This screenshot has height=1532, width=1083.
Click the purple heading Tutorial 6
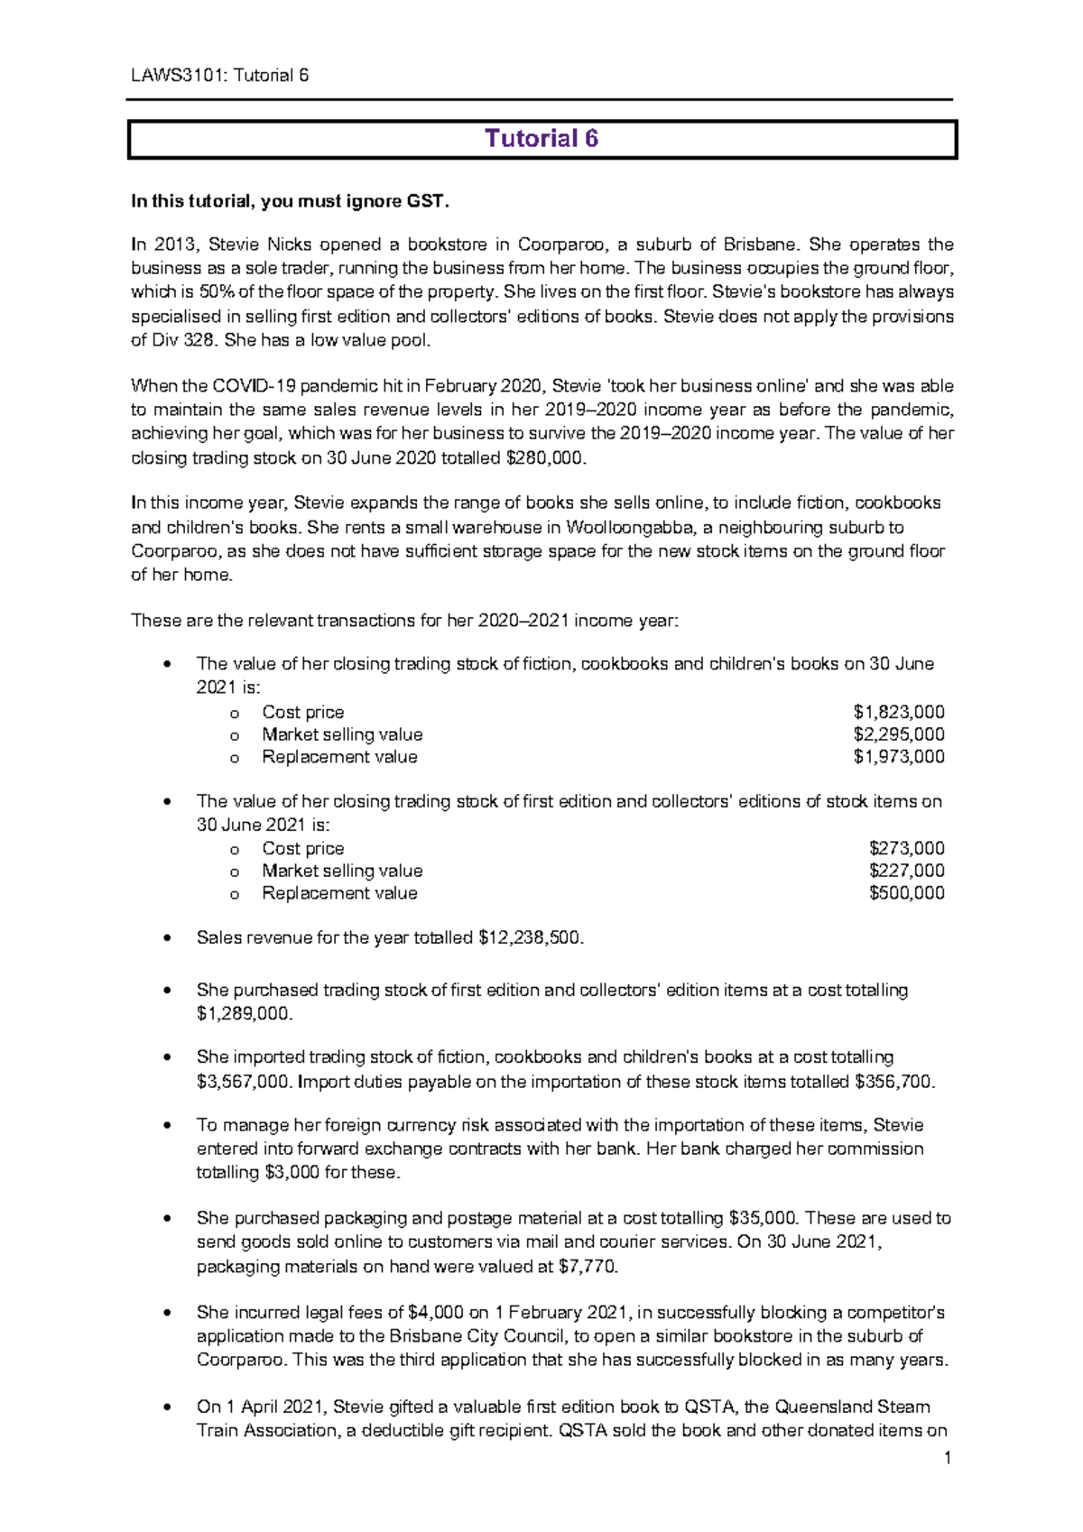[541, 139]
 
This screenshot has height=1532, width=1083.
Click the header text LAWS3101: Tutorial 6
[219, 75]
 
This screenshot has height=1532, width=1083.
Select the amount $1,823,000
[899, 712]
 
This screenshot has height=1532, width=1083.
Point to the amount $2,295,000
[899, 734]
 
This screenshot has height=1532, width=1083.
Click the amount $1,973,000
[899, 757]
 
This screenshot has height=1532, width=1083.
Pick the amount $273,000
[907, 848]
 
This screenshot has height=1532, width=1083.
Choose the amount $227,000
[907, 871]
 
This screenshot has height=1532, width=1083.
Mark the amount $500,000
[907, 893]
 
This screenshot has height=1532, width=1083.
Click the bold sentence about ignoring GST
[290, 201]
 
